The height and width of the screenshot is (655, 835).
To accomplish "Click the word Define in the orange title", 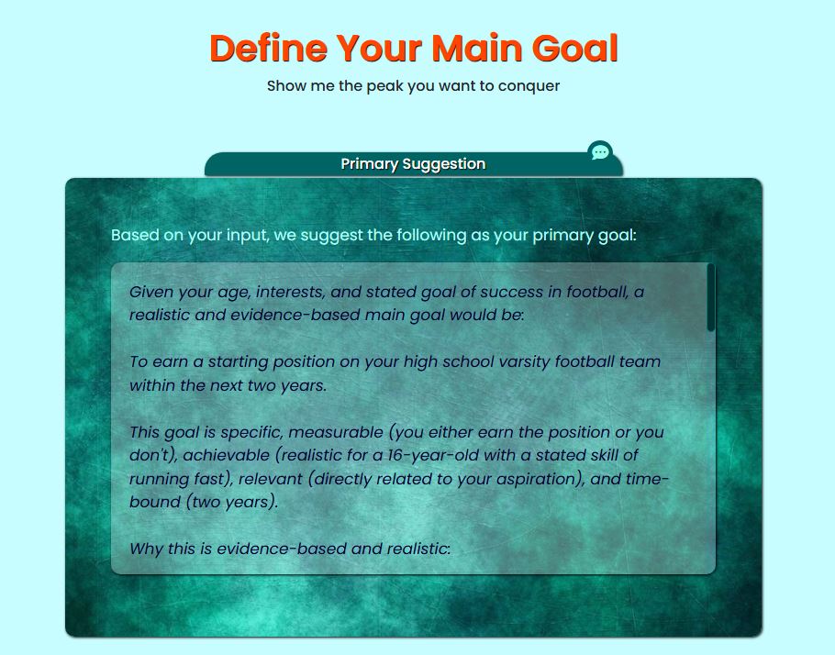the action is [268, 48].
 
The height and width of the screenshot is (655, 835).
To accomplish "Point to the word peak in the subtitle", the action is [384, 86].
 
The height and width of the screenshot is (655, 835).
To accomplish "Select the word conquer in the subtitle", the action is [529, 86].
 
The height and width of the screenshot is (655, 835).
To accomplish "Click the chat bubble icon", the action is [600, 151].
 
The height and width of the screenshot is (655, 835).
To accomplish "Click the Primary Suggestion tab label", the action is [413, 164].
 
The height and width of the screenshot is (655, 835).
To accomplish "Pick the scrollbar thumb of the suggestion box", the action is [710, 298].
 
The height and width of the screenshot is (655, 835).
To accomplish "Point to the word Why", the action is [146, 549].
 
